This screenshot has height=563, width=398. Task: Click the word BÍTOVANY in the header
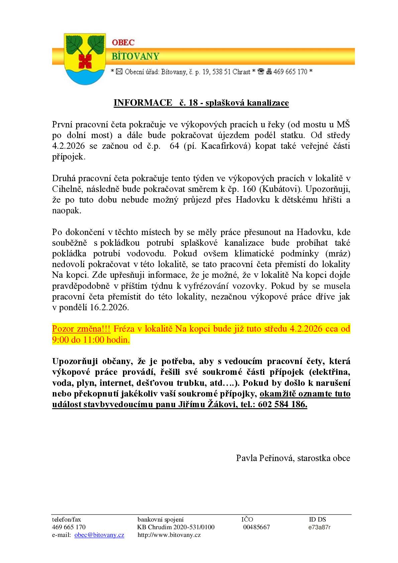[x=135, y=56]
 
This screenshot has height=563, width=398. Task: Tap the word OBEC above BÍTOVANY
[x=123, y=43]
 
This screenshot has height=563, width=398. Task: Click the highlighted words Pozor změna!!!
[x=81, y=329]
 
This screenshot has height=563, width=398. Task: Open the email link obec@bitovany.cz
[x=99, y=535]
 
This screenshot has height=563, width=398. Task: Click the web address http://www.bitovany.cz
[x=169, y=535]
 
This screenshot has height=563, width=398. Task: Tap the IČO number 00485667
[x=256, y=527]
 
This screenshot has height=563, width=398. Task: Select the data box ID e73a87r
[x=319, y=527]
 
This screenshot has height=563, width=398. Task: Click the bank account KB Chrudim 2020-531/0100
[x=176, y=527]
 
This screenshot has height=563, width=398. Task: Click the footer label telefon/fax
[x=67, y=520]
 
